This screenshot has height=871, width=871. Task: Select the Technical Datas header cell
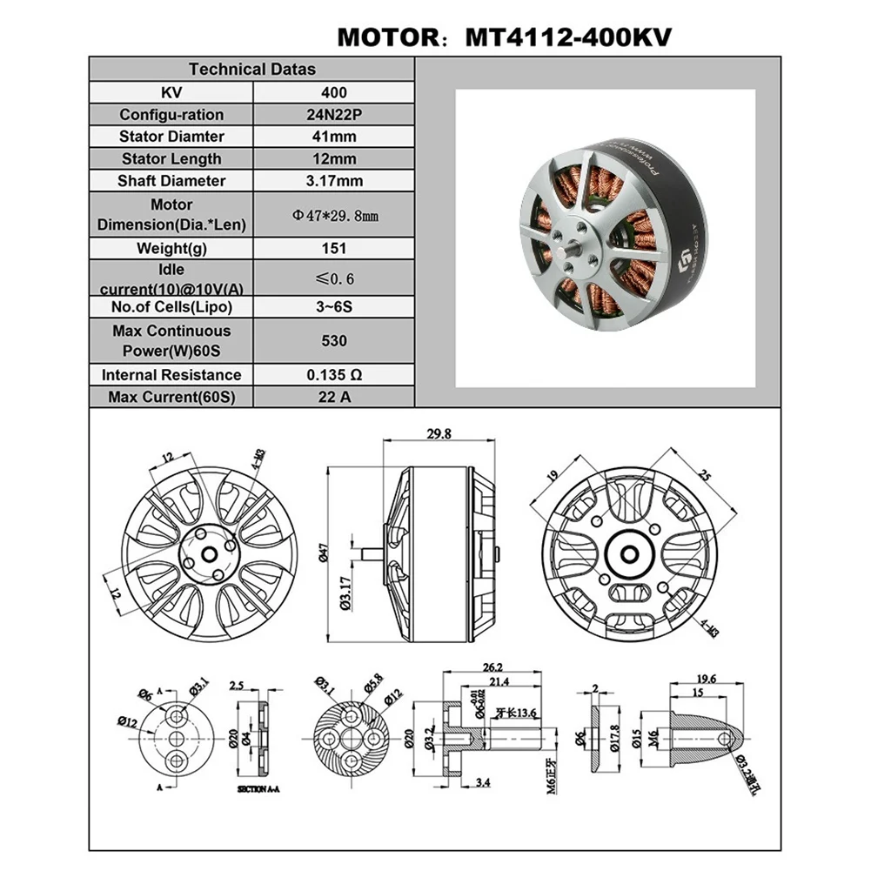252,70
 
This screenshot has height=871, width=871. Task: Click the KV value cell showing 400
333,92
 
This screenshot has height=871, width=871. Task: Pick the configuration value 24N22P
333,115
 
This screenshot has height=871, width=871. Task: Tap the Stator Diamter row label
171,137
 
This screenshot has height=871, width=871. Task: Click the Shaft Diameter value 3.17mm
333,181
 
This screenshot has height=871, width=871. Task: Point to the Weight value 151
333,248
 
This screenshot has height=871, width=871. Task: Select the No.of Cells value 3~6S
333,307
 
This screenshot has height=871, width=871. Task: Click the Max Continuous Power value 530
333,340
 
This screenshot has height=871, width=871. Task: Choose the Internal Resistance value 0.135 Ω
333,375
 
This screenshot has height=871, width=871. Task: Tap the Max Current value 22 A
333,398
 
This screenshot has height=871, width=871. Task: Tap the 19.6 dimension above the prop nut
706,679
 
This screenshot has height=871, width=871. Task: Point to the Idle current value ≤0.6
333,278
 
